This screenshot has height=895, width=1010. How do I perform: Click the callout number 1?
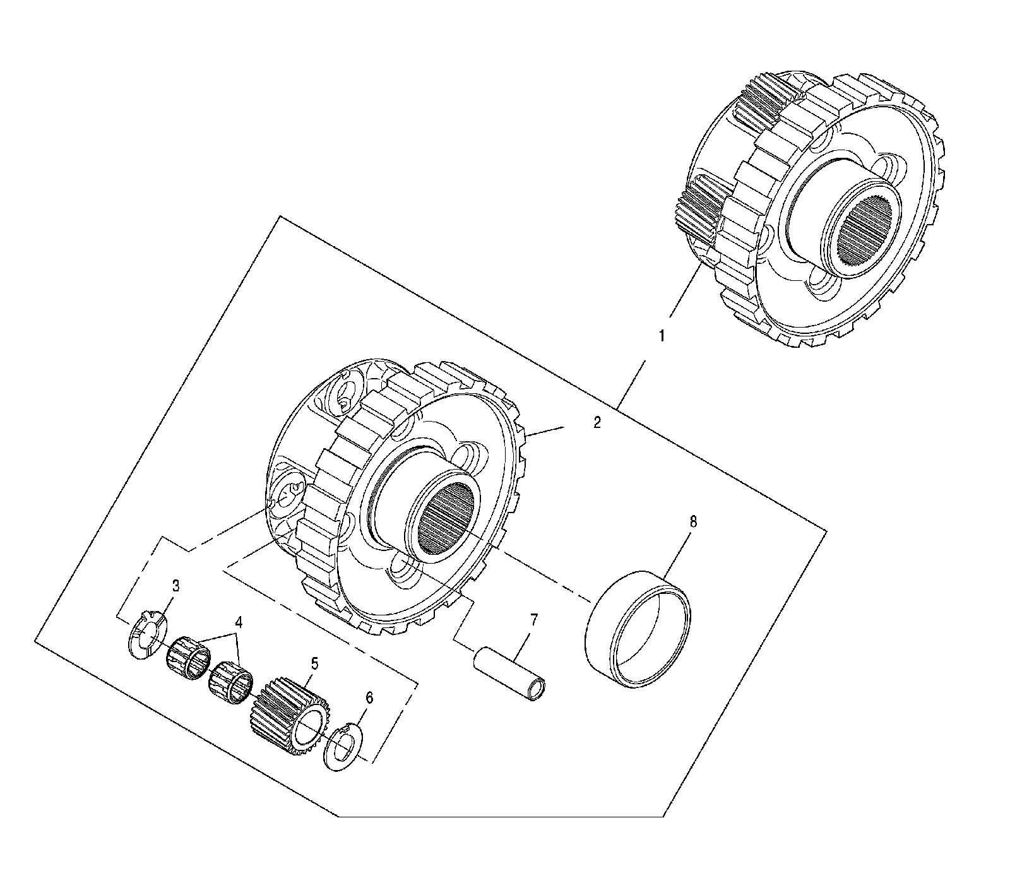click(662, 336)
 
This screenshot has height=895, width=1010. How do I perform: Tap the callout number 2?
click(597, 423)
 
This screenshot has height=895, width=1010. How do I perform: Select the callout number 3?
click(175, 586)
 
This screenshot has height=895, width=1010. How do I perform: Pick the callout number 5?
click(314, 663)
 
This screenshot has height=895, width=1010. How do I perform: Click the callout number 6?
click(369, 697)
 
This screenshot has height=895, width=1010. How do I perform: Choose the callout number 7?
click(534, 620)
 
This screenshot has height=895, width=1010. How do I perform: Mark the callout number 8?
click(693, 522)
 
